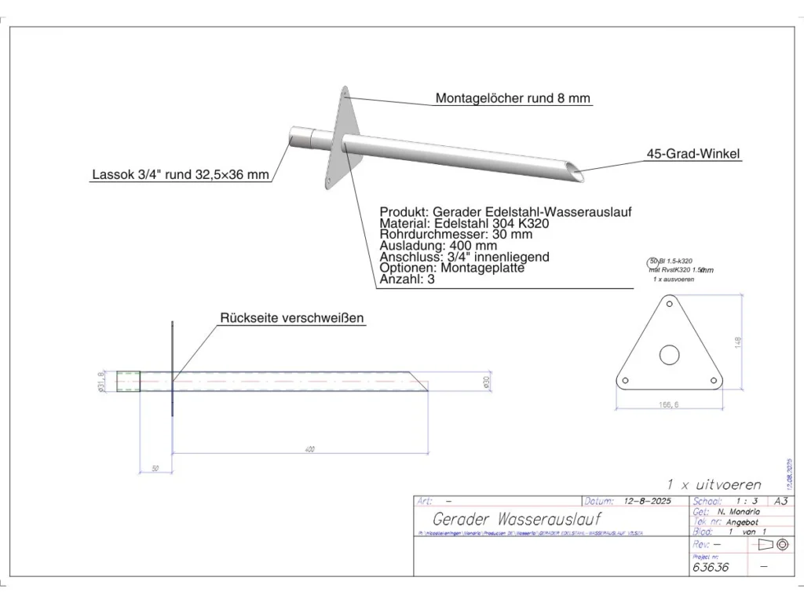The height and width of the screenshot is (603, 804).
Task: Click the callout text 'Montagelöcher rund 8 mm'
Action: (x=513, y=99)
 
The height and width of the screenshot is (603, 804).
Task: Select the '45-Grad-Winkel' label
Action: (x=694, y=155)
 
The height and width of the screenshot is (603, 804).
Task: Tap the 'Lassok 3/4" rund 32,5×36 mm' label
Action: (x=181, y=175)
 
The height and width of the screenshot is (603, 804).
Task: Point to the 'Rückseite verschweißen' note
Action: (x=292, y=318)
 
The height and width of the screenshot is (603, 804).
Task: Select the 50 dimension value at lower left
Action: (x=155, y=468)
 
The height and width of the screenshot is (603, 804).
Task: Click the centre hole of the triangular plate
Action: (x=669, y=355)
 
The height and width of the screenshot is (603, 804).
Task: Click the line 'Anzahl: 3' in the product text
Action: (x=407, y=279)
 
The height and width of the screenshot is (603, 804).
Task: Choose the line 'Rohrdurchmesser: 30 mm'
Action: (x=456, y=234)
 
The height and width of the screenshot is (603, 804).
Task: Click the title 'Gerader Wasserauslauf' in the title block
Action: (x=517, y=520)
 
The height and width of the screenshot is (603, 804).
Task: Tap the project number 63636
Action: (x=711, y=566)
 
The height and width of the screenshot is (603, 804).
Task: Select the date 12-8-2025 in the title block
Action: (x=647, y=500)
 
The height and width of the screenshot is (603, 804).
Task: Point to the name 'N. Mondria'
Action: (x=738, y=511)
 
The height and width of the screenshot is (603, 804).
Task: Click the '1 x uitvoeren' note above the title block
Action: (x=714, y=484)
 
